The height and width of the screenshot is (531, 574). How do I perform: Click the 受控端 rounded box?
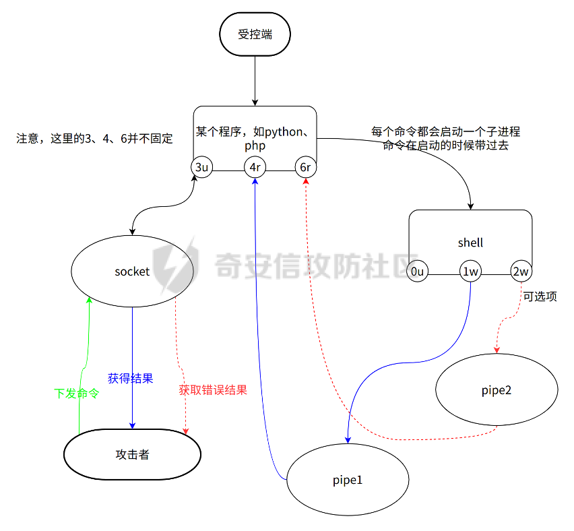point(255,34)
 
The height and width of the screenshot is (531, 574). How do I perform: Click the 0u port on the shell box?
point(418,272)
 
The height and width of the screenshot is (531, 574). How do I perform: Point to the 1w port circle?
point(470,272)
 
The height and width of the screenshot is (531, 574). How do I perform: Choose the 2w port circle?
point(521,272)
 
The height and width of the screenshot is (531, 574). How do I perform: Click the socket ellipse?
point(132,272)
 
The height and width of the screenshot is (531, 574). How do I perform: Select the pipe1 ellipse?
point(348,480)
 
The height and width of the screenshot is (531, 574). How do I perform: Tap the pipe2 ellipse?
point(497,390)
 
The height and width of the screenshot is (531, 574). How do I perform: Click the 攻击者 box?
point(132,455)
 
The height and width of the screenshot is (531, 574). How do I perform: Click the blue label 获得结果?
point(131,379)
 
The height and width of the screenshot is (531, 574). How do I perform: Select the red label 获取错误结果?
point(213,390)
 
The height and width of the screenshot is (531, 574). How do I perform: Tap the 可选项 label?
point(540,296)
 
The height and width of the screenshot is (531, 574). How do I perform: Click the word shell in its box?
point(470,243)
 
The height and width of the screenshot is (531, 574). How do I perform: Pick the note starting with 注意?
point(94,139)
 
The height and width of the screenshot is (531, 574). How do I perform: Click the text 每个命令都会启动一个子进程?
point(445,131)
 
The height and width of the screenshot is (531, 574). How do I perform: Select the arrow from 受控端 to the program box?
point(255,80)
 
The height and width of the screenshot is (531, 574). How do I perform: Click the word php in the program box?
point(255,145)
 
